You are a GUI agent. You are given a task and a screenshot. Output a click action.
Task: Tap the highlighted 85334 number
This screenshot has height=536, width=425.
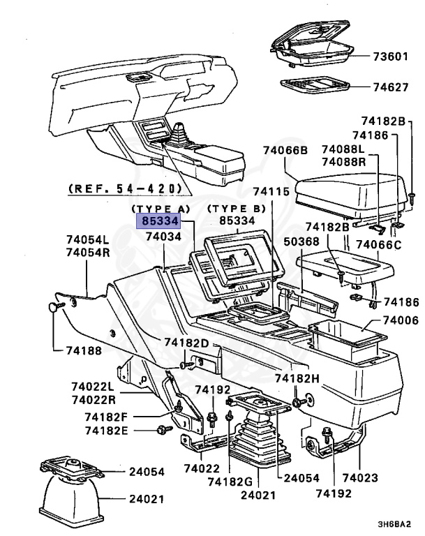pos(158,221)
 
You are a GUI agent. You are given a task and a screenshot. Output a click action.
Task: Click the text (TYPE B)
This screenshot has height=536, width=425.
pos(236,208)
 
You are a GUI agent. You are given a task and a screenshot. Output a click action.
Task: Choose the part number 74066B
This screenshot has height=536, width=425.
pos(285,150)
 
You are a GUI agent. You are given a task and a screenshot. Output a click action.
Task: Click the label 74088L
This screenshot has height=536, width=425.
pos(343,149)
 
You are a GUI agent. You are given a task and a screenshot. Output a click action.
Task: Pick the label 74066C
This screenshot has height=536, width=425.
pos(378,245)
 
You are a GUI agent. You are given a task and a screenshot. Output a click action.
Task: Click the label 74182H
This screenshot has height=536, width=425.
pos(297,378)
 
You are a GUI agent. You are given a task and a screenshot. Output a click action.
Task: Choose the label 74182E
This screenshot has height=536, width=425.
pos(107,431)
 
